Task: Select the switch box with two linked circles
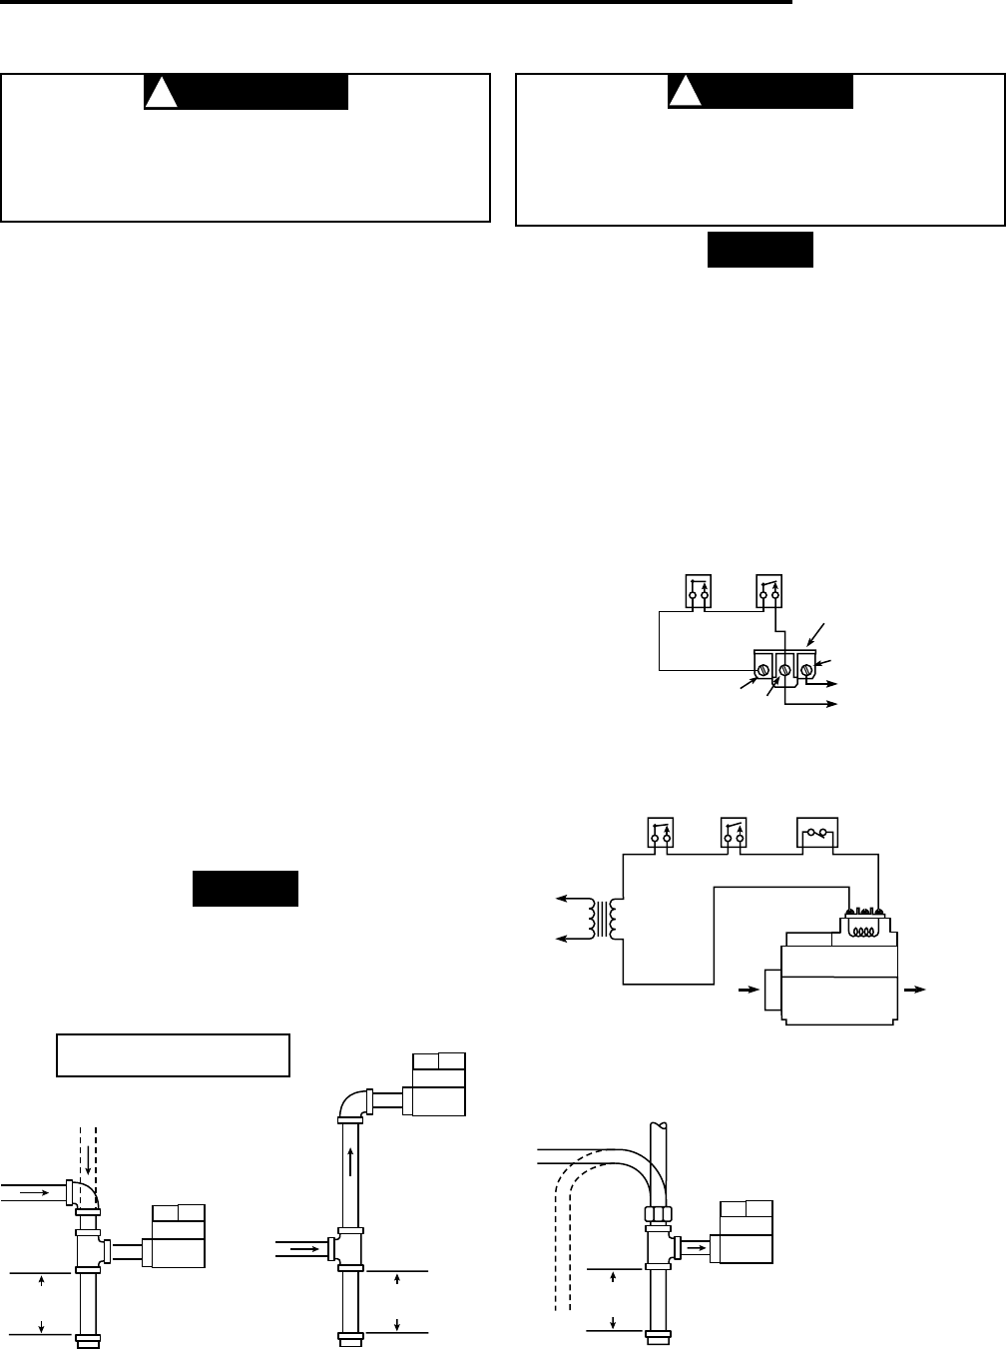point(816,832)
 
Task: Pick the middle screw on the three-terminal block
point(784,668)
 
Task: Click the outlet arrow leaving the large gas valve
point(914,989)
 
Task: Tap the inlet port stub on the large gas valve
point(772,990)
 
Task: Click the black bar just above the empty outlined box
point(245,889)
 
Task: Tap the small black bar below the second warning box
point(760,251)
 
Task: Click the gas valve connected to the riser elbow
point(438,1089)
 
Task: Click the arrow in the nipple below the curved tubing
point(692,1247)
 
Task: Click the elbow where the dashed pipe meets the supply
point(80,1194)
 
